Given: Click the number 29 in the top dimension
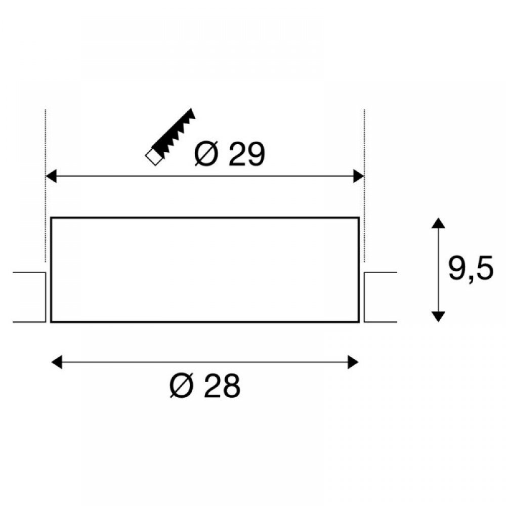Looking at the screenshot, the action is point(247,154).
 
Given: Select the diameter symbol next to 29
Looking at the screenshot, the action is point(206,154).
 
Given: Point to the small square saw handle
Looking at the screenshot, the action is point(154,157).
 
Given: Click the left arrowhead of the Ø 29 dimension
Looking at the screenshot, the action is point(51,176).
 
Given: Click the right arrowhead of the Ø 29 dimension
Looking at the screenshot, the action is point(359,176).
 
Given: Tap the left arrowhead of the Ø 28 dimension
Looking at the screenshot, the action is point(57,362).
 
